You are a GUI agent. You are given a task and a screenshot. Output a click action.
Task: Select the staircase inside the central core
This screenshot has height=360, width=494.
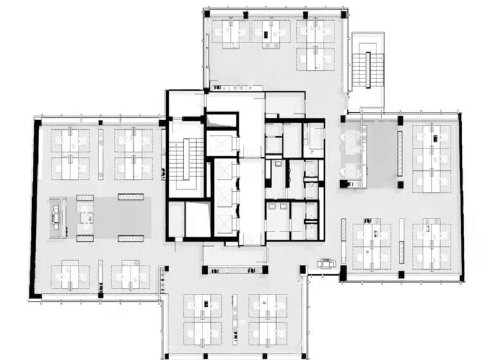183,161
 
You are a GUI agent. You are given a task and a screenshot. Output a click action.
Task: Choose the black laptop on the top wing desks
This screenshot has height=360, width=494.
266,30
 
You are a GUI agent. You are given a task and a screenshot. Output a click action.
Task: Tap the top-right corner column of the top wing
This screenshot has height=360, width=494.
344,13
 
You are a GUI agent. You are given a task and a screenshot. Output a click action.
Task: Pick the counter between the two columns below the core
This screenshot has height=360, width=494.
235,257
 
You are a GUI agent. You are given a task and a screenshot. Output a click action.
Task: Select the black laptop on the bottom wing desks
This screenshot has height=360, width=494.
204,303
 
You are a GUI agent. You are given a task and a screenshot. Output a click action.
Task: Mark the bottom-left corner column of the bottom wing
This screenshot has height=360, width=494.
166,355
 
